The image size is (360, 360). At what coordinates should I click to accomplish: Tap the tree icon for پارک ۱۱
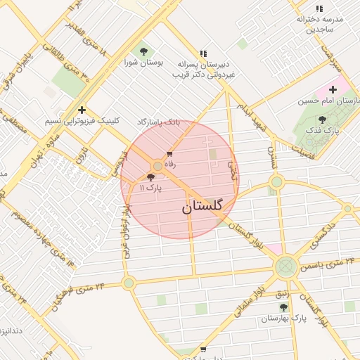coord(151,178)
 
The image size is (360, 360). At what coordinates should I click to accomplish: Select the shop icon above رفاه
coord(169,154)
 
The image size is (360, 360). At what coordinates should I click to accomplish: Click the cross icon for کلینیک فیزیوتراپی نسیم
coord(82,110)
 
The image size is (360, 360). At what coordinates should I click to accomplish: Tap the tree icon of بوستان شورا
coord(143,51)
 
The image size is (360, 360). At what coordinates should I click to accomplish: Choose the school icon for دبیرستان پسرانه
coord(203,53)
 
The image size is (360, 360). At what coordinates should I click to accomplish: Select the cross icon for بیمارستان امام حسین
coord(333,89)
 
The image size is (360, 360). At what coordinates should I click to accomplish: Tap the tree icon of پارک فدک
coord(322,120)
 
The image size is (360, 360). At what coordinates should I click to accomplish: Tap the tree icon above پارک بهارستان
coord(283,307)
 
